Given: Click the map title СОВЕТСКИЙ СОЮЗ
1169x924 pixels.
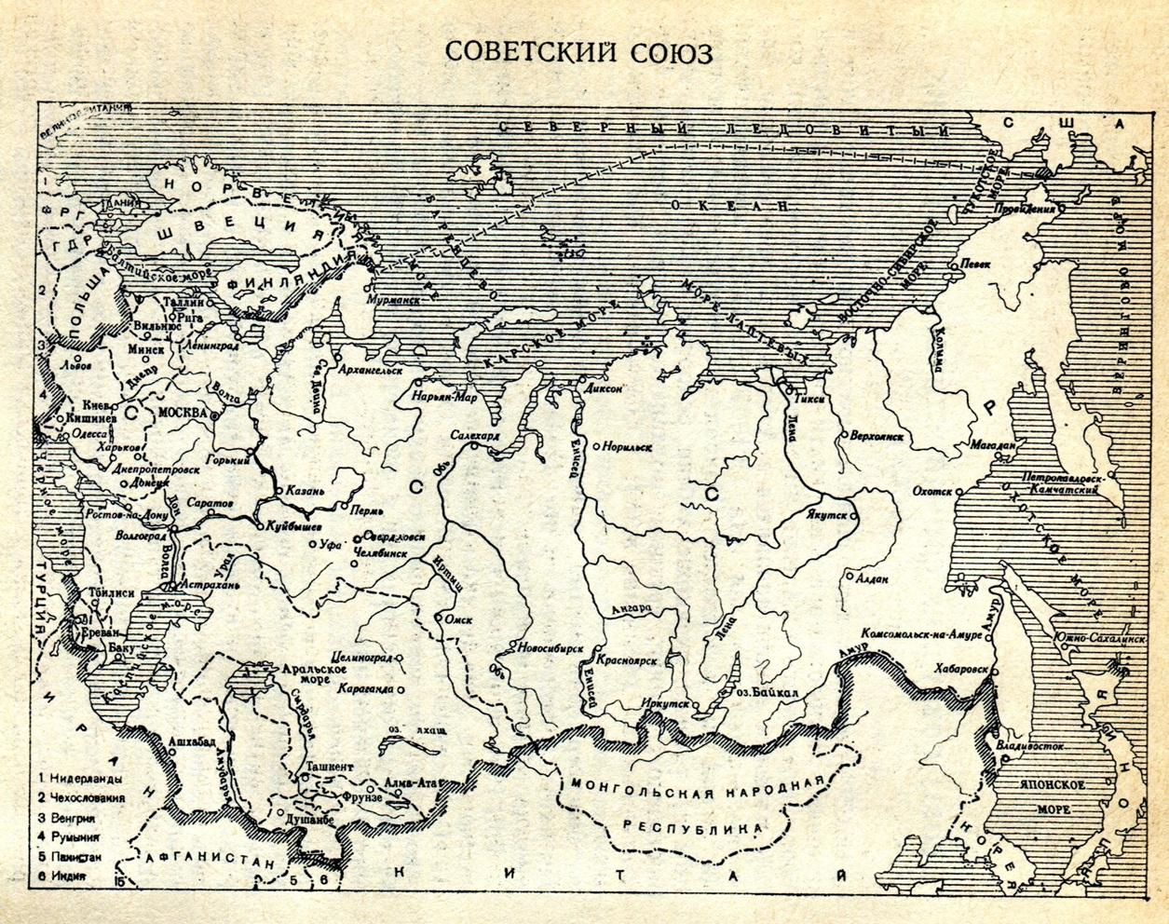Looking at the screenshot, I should (x=578, y=52).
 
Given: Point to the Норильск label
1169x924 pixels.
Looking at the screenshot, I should (x=627, y=447).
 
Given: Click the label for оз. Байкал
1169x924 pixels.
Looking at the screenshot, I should (x=768, y=692).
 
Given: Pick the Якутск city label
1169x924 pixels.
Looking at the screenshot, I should (x=823, y=512).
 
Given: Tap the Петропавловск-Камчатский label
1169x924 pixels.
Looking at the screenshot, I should (x=1061, y=482).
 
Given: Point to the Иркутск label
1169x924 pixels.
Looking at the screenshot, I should (x=666, y=706).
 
